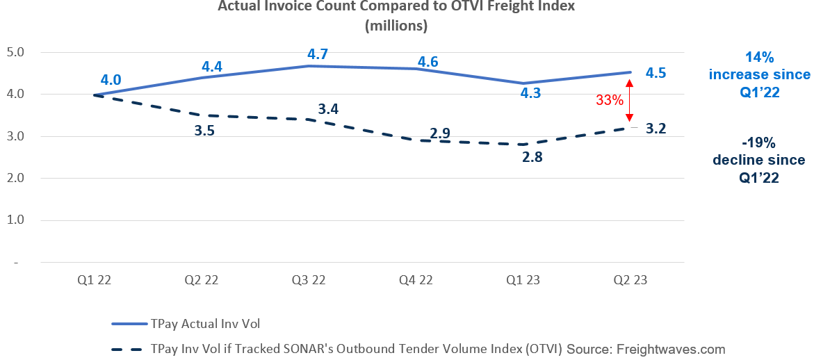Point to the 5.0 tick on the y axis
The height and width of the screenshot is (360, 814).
pyautogui.click(x=15, y=52)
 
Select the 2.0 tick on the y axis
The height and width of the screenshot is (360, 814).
pyautogui.click(x=15, y=179)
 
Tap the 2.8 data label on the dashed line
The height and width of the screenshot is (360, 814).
pyautogui.click(x=532, y=157)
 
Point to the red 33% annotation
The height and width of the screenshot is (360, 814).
pyautogui.click(x=609, y=99)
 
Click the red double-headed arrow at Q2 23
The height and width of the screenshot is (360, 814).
pyautogui.click(x=628, y=99)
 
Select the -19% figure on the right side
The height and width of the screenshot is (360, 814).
pyautogui.click(x=758, y=143)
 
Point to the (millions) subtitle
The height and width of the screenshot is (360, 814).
pyautogui.click(x=397, y=26)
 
